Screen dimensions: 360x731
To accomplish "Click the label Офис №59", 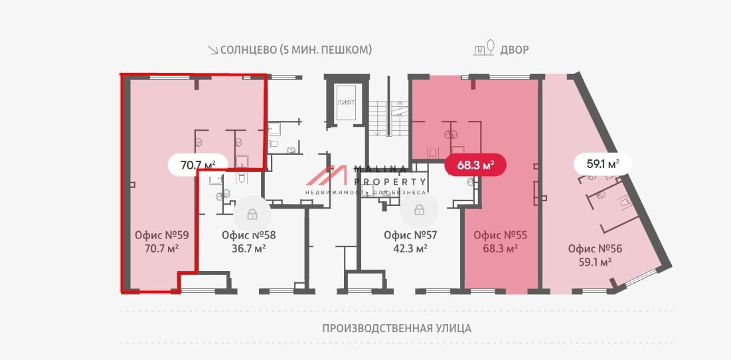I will coord(162,234).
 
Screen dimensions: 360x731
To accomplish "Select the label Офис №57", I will coord(410,234).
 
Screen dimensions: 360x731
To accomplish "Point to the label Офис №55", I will coord(500,234).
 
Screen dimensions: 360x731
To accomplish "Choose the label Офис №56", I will coord(595,248).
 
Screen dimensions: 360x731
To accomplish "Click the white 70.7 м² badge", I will coord(199,163).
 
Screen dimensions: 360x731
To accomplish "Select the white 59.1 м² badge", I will coord(602,163).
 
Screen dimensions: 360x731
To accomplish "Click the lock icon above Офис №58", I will coord(252,214).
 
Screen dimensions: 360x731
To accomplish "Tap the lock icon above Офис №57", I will coord(419,211).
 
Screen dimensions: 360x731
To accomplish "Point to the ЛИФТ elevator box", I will coord(345,103).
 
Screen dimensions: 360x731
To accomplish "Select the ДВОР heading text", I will coord(515,50).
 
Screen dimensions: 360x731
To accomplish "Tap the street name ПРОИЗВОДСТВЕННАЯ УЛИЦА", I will coord(396,328).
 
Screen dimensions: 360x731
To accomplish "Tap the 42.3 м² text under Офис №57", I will coord(410,248).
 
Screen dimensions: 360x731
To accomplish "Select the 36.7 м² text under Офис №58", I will coord(248,248).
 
